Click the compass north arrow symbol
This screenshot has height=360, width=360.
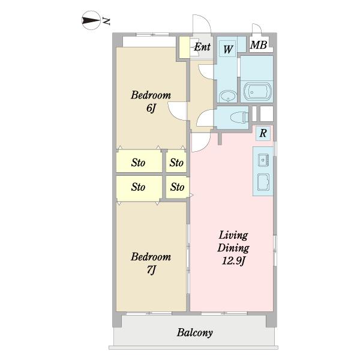pos(91,20)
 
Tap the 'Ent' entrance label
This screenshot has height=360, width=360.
pos(202,47)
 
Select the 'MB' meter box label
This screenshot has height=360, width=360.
pos(259,45)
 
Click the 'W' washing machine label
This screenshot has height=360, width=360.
pos(228,49)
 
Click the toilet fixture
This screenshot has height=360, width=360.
pos(239,117)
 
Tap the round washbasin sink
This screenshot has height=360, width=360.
pos(228,96)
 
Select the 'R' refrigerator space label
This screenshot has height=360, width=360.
pos(263,133)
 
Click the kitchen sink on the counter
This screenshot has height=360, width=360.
pos(263,160)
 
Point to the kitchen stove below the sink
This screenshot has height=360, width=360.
pos(263,182)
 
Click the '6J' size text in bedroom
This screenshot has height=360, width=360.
pos(151,107)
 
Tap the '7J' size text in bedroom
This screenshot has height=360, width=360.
pos(151,269)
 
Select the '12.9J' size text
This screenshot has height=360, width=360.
pos(233,260)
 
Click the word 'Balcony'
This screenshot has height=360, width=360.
pos(194,332)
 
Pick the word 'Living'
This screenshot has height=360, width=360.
pos(233,235)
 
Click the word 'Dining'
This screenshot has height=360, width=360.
pos(233,248)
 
